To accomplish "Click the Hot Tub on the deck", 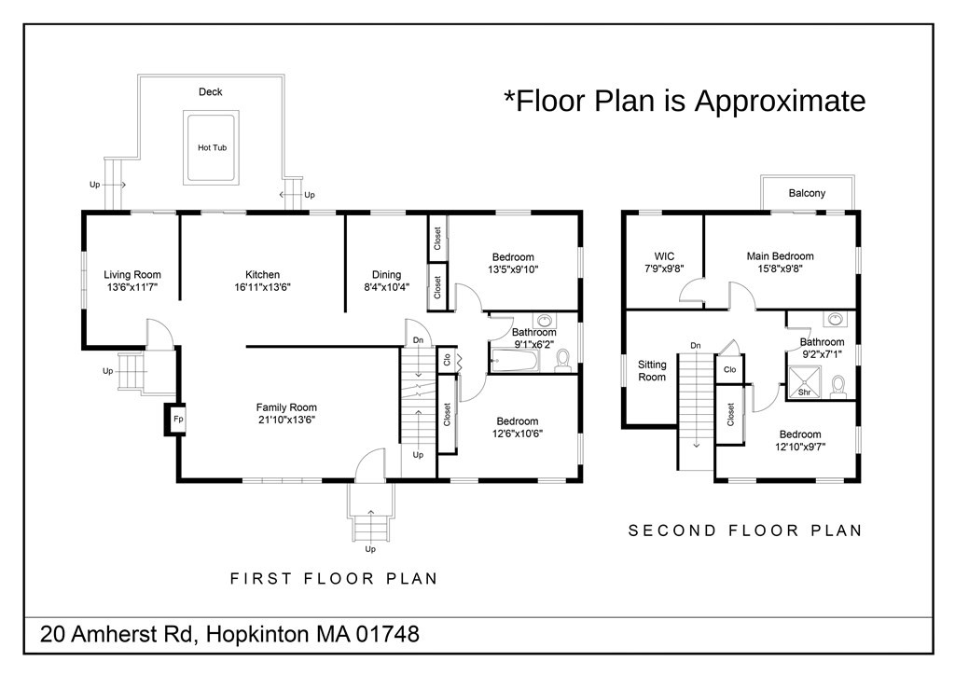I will [212, 147].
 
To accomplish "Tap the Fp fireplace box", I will [177, 419].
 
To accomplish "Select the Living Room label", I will [132, 274].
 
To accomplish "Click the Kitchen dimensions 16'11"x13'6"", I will [262, 288].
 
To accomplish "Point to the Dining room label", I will [386, 274].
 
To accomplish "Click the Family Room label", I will [286, 406].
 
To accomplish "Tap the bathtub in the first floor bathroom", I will [516, 361].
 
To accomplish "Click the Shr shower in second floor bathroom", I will [804, 383].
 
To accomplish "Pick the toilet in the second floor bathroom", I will [838, 385].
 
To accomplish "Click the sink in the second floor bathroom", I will [837, 321].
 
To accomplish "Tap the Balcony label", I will [807, 193].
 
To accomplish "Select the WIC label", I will [664, 255].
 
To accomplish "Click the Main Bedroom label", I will [780, 255].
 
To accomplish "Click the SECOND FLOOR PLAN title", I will [744, 530].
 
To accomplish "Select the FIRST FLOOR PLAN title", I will [334, 578].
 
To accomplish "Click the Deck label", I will [210, 91].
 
